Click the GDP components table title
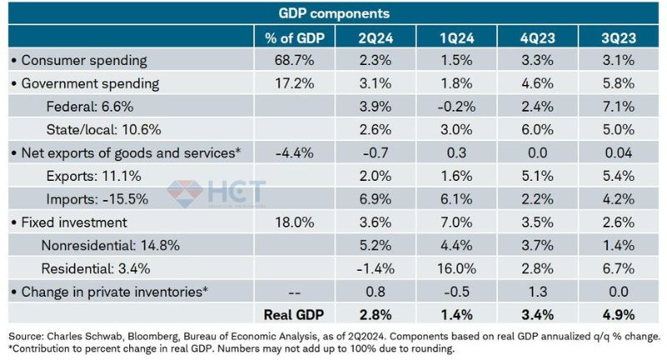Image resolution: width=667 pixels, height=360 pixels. (333, 13)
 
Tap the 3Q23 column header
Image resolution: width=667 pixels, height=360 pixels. (617, 37)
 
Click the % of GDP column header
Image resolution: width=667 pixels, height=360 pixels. (294, 37)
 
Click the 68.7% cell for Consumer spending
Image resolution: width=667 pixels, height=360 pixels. (294, 61)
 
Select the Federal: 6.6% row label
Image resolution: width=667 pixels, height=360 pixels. (87, 108)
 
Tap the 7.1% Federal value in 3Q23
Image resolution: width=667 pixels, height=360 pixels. (617, 108)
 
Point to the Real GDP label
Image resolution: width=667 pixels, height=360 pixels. (294, 314)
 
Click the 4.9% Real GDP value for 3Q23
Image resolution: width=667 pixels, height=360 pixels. (617, 314)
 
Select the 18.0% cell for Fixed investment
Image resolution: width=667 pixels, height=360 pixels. (294, 222)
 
